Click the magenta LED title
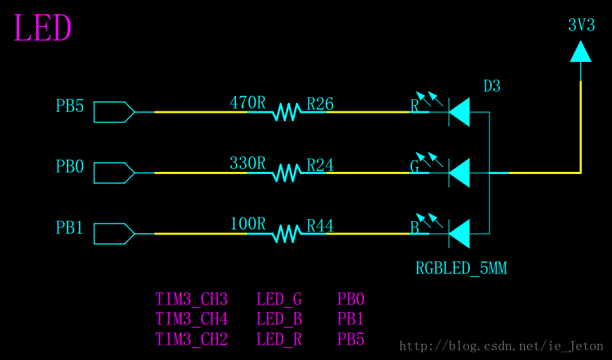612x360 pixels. pos(42,30)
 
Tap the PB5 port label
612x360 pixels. pos(70,106)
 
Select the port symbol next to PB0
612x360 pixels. pos(113,173)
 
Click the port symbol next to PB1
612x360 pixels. pos(113,233)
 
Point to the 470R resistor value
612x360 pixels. pos(247,103)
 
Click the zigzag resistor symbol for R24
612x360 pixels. pos(287,173)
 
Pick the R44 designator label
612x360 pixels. pos(320,226)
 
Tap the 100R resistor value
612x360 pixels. pos(247,224)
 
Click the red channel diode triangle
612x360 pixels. pos(460,112)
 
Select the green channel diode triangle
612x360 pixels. pos(460,173)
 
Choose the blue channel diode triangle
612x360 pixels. pos(460,233)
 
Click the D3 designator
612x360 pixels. pos(492,87)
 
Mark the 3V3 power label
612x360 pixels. pos(581,25)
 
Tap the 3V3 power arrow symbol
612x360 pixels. pos(580,51)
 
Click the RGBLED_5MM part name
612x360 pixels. pos(461,268)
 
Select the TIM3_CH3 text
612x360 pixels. pos(191,300)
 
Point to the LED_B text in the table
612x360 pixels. pos(279,320)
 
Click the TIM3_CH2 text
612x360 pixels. pos(191,340)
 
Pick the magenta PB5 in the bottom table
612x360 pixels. pos(351,340)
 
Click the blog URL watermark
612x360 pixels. pos(501,346)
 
